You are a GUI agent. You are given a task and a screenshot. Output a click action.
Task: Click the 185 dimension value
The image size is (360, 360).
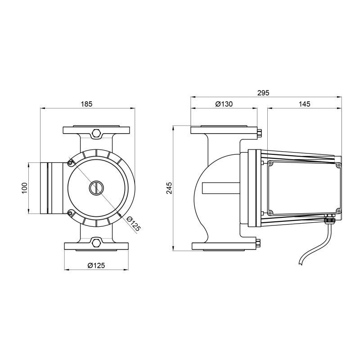(86, 104)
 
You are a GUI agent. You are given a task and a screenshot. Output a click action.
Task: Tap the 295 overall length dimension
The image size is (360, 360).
(263, 93)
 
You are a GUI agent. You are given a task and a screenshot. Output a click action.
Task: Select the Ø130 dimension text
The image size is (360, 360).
(224, 104)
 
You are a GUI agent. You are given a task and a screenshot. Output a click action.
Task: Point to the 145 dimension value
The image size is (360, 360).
(305, 104)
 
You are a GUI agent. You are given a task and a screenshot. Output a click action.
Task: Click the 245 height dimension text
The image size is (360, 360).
(169, 188)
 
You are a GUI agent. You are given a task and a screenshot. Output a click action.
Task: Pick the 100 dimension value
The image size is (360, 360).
(25, 188)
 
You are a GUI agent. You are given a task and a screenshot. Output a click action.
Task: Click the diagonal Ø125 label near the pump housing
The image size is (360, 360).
(133, 223)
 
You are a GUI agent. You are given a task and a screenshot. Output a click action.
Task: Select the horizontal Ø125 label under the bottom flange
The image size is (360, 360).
(96, 265)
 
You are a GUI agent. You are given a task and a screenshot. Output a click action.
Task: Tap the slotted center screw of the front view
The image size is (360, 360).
(96, 188)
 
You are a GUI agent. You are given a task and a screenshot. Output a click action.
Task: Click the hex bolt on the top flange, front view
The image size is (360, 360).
(96, 133)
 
